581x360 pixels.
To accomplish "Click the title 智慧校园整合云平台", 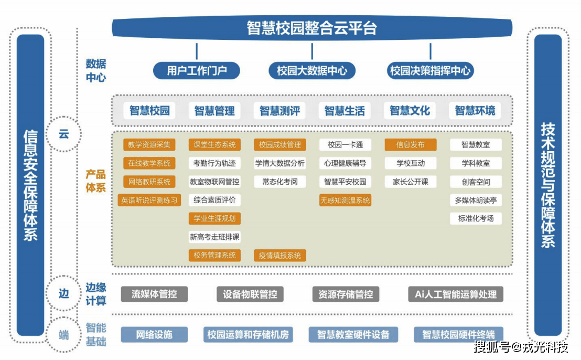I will pyautogui.click(x=311, y=28).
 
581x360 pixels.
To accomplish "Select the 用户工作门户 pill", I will pyautogui.click(x=197, y=70).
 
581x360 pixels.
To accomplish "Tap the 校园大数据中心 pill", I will pyautogui.click(x=312, y=70).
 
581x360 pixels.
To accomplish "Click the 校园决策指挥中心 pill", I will pyautogui.click(x=430, y=70).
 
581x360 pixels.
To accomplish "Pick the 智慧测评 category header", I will pyautogui.click(x=280, y=111).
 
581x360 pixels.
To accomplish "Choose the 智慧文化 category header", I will pyautogui.click(x=410, y=111).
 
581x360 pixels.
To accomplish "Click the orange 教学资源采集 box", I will pyautogui.click(x=149, y=145).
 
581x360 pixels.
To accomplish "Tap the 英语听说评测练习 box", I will pyautogui.click(x=149, y=200).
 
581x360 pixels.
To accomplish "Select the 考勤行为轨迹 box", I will pyautogui.click(x=214, y=163).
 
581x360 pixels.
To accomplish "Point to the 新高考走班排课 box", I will pyautogui.click(x=214, y=237).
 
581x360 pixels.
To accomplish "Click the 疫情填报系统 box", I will pyautogui.click(x=280, y=256).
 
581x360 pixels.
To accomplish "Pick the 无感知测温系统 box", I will pyautogui.click(x=345, y=200).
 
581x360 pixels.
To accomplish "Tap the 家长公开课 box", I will pyautogui.click(x=411, y=182).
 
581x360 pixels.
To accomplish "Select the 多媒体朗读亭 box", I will pyautogui.click(x=476, y=200).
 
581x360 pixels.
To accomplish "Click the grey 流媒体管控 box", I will pyautogui.click(x=154, y=294).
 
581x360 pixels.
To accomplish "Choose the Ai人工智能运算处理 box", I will pyautogui.click(x=455, y=294).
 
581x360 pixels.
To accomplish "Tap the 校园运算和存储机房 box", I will pyautogui.click(x=248, y=334).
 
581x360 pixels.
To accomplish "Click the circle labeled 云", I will pyautogui.click(x=63, y=134).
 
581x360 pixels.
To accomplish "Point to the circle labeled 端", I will pyautogui.click(x=63, y=334).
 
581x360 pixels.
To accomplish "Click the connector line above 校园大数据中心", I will pyautogui.click(x=312, y=51).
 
